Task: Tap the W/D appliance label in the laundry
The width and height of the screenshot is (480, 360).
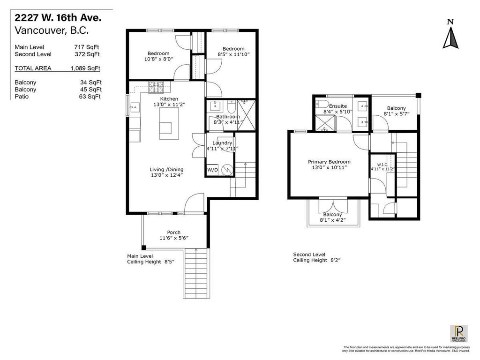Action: pyautogui.click(x=212, y=169)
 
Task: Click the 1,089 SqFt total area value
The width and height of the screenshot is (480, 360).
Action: pyautogui.click(x=85, y=68)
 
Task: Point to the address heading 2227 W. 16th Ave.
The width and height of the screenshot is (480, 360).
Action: pyautogui.click(x=58, y=18)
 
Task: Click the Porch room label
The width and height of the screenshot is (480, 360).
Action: pyautogui.click(x=174, y=232)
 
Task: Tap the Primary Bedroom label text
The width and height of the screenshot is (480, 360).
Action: pyautogui.click(x=329, y=162)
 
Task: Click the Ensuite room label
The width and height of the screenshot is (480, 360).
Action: pyautogui.click(x=337, y=106)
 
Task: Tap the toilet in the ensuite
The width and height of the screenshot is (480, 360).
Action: pyautogui.click(x=321, y=105)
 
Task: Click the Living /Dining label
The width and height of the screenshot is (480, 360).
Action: pyautogui.click(x=166, y=169)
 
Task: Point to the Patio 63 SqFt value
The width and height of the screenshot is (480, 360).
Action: pyautogui.click(x=90, y=97)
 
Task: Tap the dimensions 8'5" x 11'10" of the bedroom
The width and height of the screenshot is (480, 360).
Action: pyautogui.click(x=233, y=55)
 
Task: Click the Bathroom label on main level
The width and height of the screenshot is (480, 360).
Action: pyautogui.click(x=228, y=117)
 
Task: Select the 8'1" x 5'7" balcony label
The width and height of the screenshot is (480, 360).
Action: pyautogui.click(x=396, y=114)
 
